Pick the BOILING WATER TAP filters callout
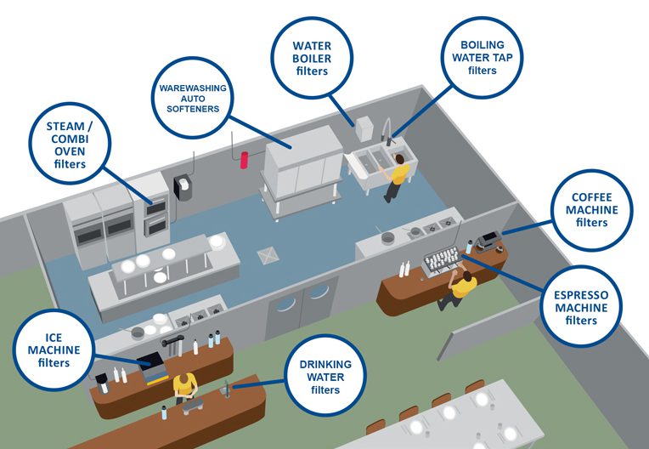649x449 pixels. tap(482, 56)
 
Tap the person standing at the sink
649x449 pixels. tap(398, 179)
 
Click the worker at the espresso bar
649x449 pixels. tap(459, 287)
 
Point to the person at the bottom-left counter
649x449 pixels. tap(184, 389)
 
